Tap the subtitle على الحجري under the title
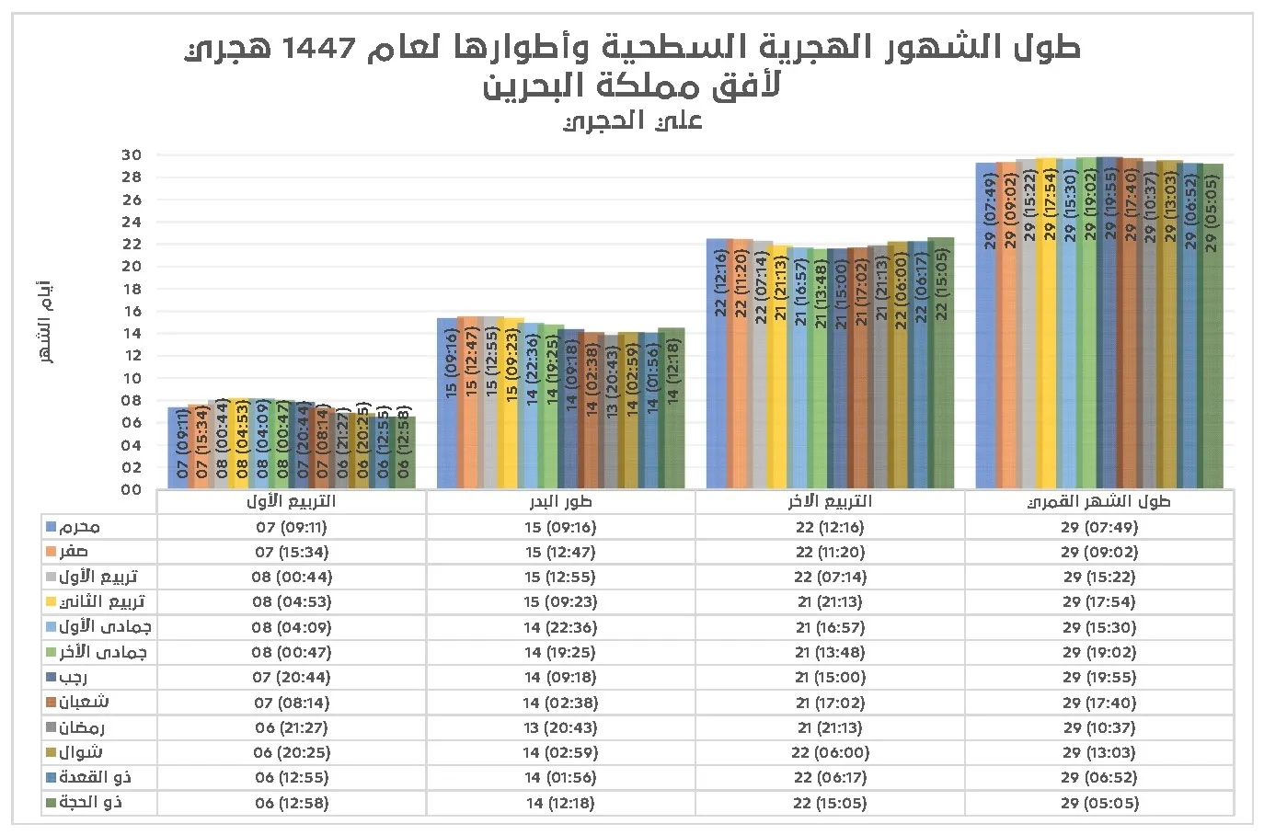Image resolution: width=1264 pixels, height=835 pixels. click(x=632, y=121)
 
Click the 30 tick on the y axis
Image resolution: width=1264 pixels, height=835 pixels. click(x=131, y=155)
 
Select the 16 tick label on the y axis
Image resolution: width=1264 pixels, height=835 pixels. click(x=131, y=311)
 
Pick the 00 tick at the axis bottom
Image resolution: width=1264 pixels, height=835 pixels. click(x=131, y=489)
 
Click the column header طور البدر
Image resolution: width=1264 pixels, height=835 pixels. click(x=560, y=502)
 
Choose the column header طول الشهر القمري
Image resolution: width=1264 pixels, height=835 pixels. click(x=1098, y=502)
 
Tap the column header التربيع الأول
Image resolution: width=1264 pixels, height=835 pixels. click(x=291, y=502)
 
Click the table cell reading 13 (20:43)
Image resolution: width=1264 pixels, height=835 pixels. click(x=560, y=727)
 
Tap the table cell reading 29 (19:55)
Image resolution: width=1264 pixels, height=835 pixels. click(x=1098, y=678)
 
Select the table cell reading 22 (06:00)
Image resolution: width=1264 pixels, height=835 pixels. click(x=830, y=752)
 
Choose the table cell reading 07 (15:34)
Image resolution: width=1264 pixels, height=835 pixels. click(x=291, y=553)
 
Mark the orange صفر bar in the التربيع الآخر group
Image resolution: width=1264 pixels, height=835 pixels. click(x=738, y=363)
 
